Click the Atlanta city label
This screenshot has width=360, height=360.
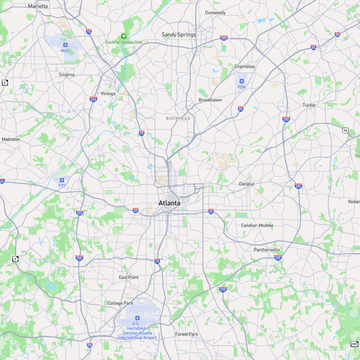tap(169, 203)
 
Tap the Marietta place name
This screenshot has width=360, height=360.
tap(38, 6)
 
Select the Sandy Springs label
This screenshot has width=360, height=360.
tap(178, 34)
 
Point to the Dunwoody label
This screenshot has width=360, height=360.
tap(216, 13)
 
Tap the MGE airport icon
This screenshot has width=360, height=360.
tap(65, 45)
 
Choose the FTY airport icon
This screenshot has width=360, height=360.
tap(62, 180)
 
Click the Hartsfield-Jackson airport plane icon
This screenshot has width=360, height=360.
tap(137, 318)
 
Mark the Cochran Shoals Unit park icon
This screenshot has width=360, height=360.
tap(123, 36)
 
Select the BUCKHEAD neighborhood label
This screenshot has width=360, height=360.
tap(178, 118)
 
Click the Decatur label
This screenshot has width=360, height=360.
tap(247, 184)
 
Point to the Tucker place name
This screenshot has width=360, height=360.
tap(309, 105)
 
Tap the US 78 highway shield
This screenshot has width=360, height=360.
tap(346, 130)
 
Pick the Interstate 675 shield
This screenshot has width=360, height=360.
tap(223, 289)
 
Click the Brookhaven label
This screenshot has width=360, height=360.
tap(210, 100)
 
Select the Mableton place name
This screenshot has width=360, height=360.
tap(11, 139)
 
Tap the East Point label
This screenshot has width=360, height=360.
tap(129, 277)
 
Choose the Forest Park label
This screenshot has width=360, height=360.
tap(187, 334)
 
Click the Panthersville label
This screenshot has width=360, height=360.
tap(267, 250)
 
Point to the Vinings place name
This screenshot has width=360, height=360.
tap(108, 93)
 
